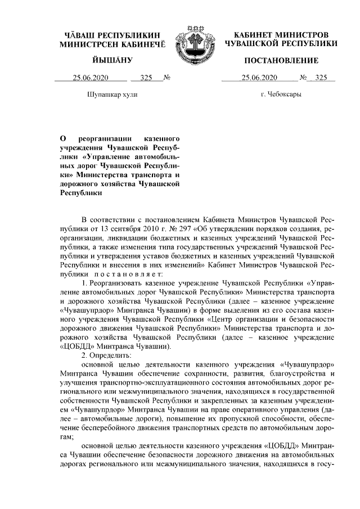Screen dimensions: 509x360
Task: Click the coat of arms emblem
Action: click(x=196, y=42)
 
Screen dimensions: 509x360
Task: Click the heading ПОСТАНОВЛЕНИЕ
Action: click(x=281, y=60)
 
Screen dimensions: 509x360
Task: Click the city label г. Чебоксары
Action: click(x=281, y=94)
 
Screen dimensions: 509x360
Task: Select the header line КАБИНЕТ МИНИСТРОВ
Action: click(x=281, y=35)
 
